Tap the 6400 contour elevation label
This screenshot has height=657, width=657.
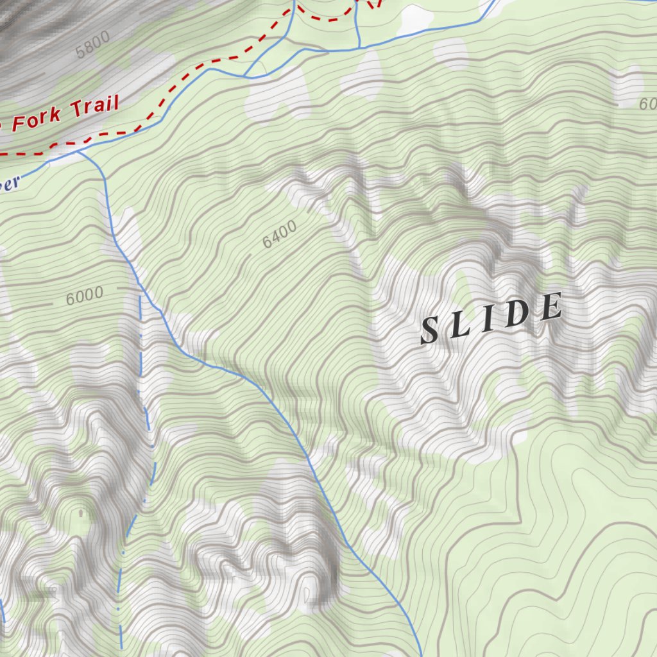(280, 234)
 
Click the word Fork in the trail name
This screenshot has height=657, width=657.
(37, 117)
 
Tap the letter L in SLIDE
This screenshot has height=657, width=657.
(462, 325)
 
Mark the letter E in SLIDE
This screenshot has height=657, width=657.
(550, 307)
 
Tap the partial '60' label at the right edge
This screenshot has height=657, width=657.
(648, 103)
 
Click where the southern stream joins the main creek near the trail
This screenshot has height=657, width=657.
(78, 153)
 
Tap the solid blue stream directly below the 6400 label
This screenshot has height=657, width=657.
(282, 411)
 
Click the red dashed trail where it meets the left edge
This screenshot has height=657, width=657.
(3, 153)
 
